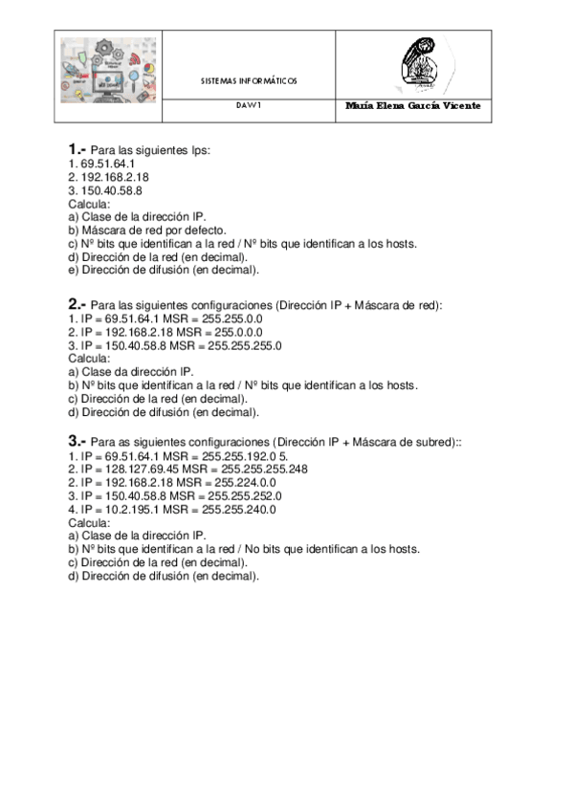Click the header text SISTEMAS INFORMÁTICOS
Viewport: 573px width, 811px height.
pyautogui.click(x=249, y=81)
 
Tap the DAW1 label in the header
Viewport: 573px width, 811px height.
pyautogui.click(x=249, y=106)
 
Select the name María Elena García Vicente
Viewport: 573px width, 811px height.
pyautogui.click(x=412, y=106)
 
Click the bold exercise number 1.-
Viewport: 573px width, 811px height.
pyautogui.click(x=77, y=150)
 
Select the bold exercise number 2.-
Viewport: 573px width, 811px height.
pyautogui.click(x=77, y=305)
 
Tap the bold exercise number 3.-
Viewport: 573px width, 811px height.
pyautogui.click(x=77, y=442)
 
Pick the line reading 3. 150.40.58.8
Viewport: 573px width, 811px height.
pyautogui.click(x=105, y=190)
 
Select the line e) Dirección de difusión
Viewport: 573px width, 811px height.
pyautogui.click(x=164, y=270)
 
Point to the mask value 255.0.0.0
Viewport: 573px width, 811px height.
pyautogui.click(x=233, y=332)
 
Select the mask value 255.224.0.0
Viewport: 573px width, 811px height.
pyautogui.click(x=239, y=483)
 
